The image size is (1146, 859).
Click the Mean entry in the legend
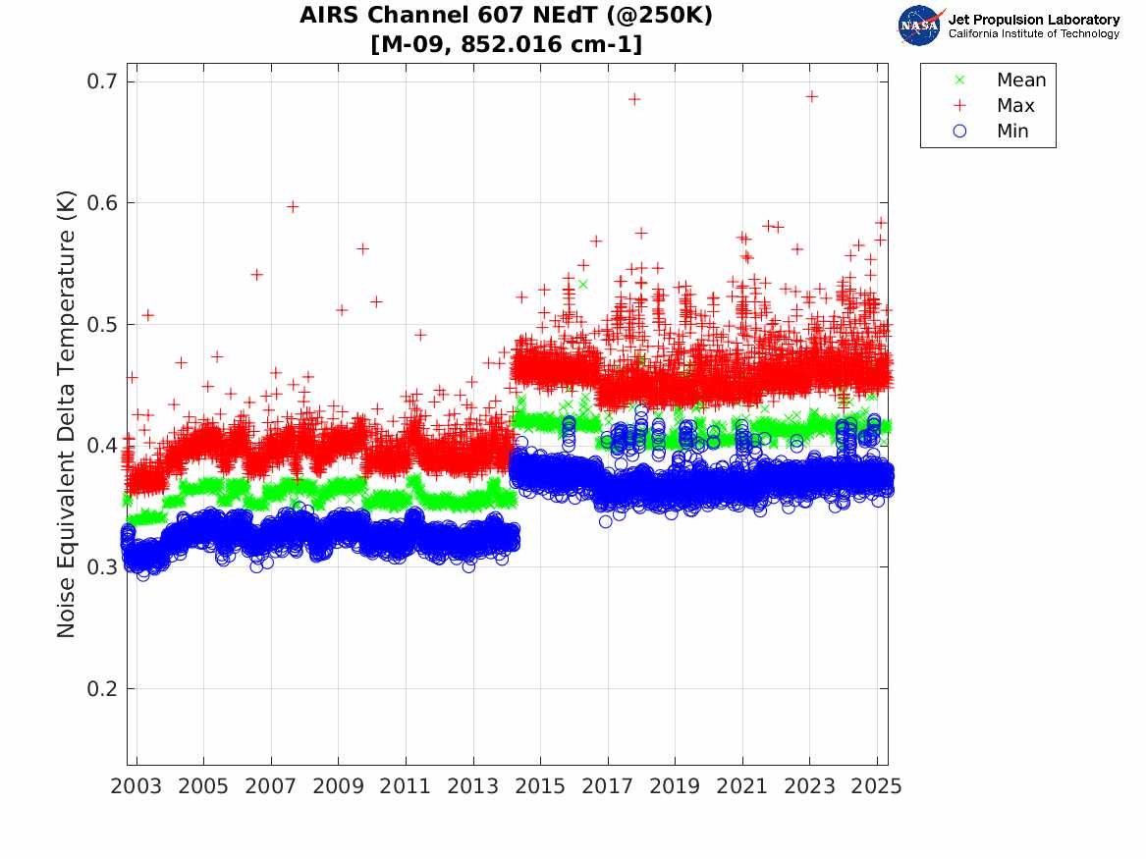[x=1020, y=81]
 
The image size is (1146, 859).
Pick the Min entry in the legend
[x=1012, y=132]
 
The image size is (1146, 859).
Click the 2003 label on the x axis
[x=136, y=786]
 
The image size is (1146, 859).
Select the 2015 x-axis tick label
[x=541, y=786]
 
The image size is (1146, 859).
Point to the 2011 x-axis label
[x=406, y=786]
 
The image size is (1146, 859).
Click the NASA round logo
[x=920, y=25]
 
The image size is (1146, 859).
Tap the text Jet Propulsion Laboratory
[x=1033, y=19]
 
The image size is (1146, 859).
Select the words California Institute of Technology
[x=1033, y=34]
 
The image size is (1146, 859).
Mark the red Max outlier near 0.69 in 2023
[x=811, y=96]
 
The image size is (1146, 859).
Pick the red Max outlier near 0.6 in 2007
[x=292, y=206]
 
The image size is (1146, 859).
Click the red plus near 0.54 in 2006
[x=256, y=274]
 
